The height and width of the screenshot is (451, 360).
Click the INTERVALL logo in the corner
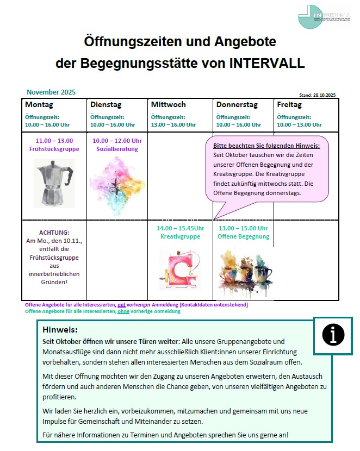325,16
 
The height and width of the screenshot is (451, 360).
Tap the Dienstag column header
105,104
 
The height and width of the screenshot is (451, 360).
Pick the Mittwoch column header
168,104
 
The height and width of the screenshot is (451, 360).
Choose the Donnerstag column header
237,104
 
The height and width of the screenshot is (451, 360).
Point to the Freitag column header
289,104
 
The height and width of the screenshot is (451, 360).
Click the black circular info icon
333,335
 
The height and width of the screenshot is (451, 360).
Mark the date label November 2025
51,92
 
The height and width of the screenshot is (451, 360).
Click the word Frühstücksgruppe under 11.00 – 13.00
54,149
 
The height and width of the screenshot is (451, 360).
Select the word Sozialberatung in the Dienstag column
117,149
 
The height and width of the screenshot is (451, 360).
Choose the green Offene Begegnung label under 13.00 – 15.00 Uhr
243,236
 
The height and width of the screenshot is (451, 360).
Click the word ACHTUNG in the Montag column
54,232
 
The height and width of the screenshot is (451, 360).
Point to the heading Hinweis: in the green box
60,330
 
